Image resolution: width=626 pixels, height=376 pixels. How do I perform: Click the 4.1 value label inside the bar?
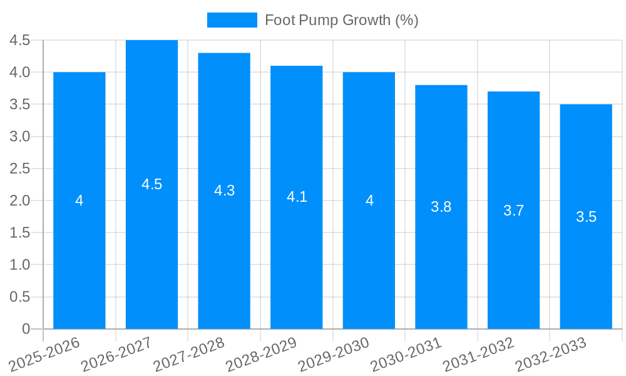[297, 197]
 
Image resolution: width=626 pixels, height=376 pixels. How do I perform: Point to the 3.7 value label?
[513, 211]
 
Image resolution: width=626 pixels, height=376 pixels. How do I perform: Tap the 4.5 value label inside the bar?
[151, 184]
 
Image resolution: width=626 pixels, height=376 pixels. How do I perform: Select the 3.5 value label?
[586, 217]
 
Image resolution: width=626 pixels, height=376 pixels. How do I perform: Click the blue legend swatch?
[232, 20]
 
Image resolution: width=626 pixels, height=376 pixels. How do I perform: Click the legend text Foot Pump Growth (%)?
[341, 20]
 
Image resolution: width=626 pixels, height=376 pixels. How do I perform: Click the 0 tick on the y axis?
[26, 328]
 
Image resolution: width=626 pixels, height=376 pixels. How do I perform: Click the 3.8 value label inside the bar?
[441, 207]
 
